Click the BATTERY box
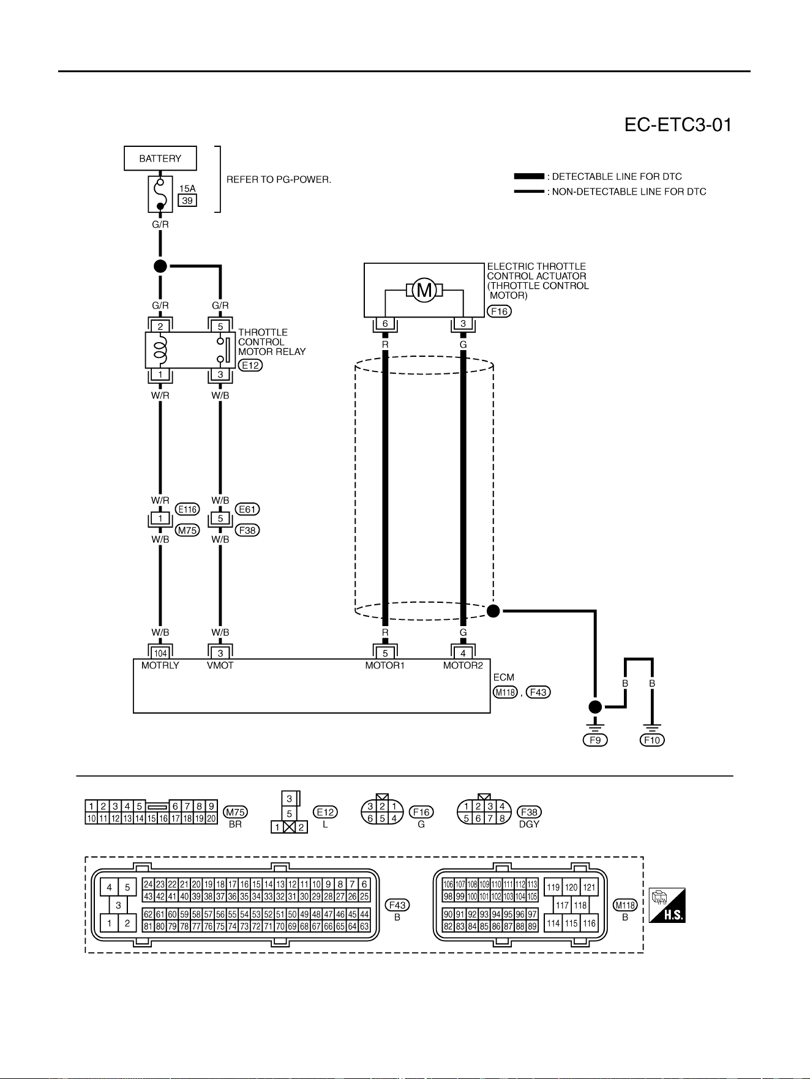point(160,159)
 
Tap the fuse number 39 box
point(187,201)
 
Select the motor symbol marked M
point(424,290)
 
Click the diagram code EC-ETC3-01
point(678,125)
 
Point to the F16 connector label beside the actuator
point(500,312)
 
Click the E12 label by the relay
point(250,365)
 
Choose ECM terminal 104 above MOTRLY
point(160,653)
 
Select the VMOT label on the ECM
point(220,665)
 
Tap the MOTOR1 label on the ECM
point(385,665)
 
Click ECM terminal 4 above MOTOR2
point(463,653)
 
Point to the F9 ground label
point(595,740)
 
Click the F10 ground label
point(653,740)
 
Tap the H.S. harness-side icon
point(667,906)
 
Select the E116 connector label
point(187,509)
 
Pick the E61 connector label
point(247,509)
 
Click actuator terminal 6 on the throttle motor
point(385,324)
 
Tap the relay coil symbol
point(160,350)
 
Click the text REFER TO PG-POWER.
point(279,180)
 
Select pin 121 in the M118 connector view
point(589,887)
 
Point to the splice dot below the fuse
point(160,266)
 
